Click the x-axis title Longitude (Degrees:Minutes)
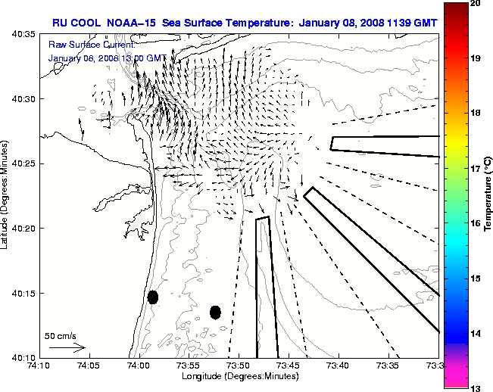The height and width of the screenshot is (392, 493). tap(239, 376)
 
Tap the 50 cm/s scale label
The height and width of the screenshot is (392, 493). tap(60, 335)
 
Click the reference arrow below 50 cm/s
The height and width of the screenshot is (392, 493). tap(67, 347)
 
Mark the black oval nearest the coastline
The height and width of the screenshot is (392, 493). tap(153, 297)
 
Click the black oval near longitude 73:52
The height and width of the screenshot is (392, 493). tap(215, 312)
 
